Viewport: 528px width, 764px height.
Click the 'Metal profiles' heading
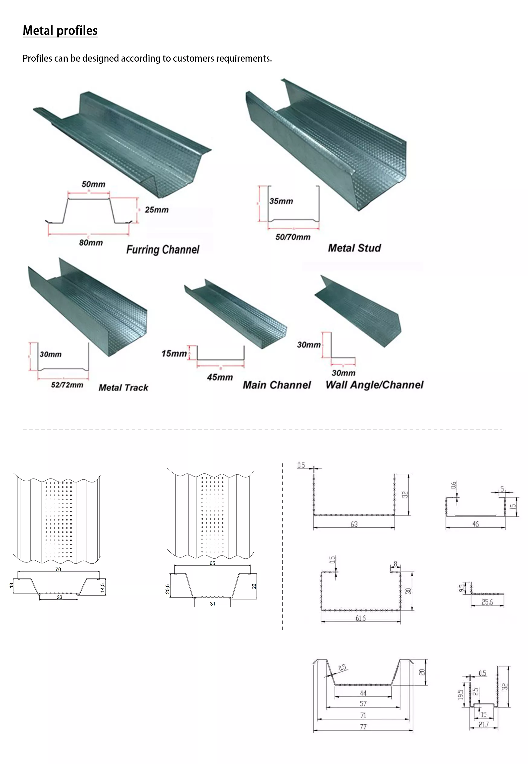coord(60,31)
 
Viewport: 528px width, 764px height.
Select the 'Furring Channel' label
coord(163,249)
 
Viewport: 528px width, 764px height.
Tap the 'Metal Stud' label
coord(354,248)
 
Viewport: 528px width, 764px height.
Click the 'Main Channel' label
coord(277,385)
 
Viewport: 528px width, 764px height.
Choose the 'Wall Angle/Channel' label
coord(374,385)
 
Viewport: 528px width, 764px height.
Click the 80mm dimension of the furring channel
coord(91,243)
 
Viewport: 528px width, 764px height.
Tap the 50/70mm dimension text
coord(293,237)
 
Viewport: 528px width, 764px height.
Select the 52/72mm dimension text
coord(67,385)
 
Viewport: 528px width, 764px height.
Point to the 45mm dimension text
coord(220,377)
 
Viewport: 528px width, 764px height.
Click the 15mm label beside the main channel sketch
coord(174,353)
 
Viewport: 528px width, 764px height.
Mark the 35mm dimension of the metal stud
coord(281,201)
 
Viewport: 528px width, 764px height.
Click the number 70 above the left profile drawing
coord(58,569)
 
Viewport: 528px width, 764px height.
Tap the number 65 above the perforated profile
coord(212,563)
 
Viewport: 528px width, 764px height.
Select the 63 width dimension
coord(354,524)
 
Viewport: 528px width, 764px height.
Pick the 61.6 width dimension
coord(361,618)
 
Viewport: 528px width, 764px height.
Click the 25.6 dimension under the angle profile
coord(487,602)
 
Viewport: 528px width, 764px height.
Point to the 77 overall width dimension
coord(363,727)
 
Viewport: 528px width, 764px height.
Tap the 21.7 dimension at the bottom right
coord(484,725)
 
